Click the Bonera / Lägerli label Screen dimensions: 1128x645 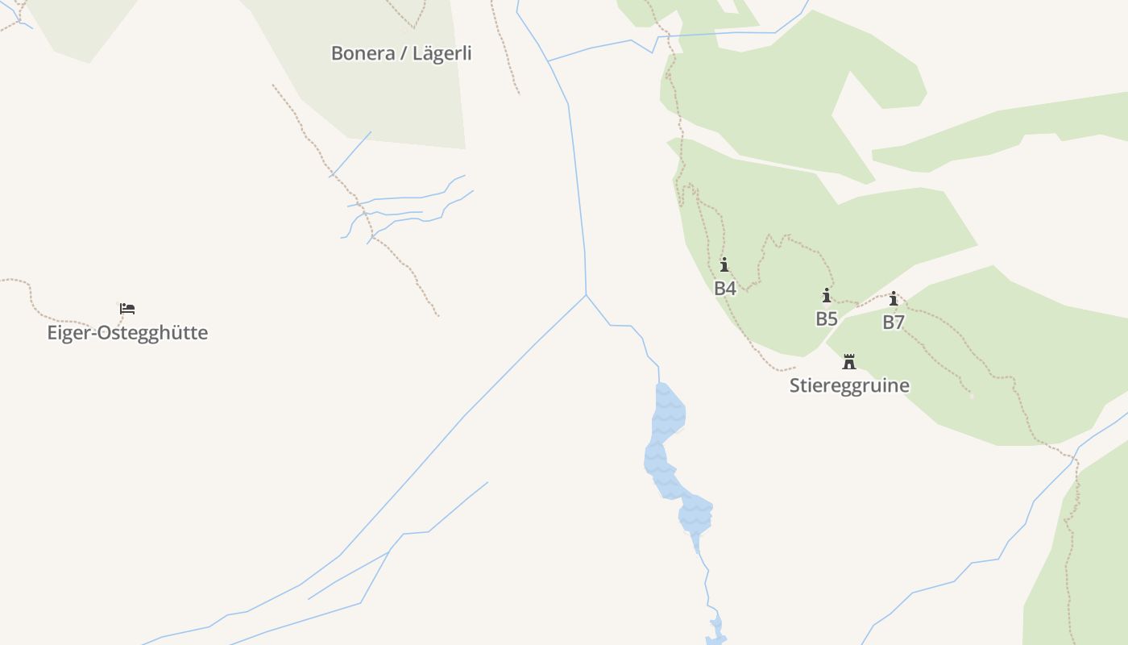click(401, 53)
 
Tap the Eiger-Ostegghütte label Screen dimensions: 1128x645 click(127, 332)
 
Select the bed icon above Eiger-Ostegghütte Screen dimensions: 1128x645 click(127, 308)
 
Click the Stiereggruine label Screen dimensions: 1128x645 click(849, 385)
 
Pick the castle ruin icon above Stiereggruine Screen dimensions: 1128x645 click(849, 361)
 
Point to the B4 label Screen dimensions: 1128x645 click(725, 288)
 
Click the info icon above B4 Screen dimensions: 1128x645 click(724, 264)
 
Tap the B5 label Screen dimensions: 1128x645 click(827, 318)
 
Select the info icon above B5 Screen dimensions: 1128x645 click(827, 295)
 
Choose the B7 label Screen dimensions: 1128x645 click(894, 322)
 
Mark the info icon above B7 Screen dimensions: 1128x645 click(894, 299)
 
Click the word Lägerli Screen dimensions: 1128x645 click(442, 53)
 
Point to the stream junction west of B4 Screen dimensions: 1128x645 click(586, 294)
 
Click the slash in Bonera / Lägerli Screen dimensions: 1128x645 click(404, 53)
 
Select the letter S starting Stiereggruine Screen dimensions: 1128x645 click(794, 385)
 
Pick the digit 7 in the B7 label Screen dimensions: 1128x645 click(899, 322)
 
